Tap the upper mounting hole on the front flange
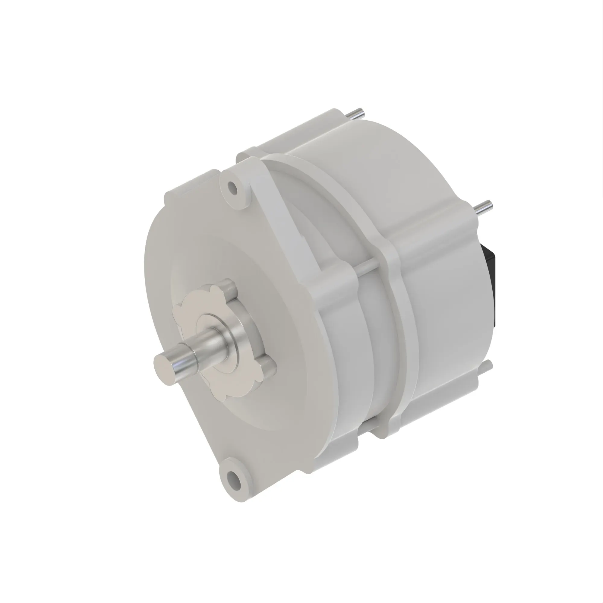[232, 188]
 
